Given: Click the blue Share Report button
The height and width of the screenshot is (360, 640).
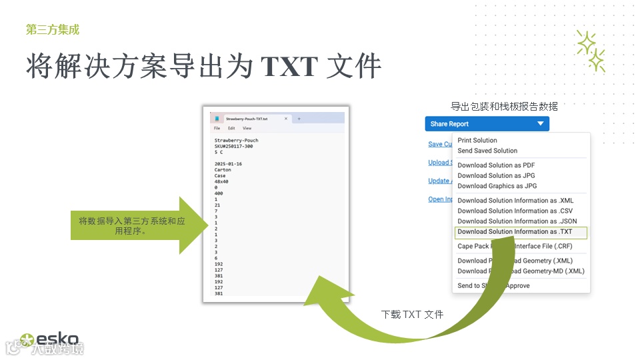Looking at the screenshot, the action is click(x=487, y=124).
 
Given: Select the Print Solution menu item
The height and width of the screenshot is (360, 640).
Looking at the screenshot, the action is click(x=477, y=141).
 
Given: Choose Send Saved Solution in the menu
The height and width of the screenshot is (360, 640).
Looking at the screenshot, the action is click(x=487, y=151).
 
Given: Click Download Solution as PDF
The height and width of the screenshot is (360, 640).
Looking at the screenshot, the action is click(x=496, y=165).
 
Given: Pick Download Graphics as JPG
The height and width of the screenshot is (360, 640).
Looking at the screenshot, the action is click(x=497, y=186).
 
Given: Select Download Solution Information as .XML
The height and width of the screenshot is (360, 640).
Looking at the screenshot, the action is click(x=515, y=201).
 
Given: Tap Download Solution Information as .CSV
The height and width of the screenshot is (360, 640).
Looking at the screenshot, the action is click(x=515, y=211).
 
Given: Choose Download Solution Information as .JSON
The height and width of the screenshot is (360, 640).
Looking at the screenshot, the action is click(x=517, y=221).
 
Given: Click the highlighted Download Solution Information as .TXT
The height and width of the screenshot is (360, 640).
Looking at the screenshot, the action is click(x=515, y=232).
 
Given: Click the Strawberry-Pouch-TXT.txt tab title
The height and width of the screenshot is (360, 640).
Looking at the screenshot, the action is click(x=247, y=119).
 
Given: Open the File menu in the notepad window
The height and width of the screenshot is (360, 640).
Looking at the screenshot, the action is click(x=217, y=128).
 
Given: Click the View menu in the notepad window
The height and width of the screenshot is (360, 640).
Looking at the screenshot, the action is click(x=247, y=128).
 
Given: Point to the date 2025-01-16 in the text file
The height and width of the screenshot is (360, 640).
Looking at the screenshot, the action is click(x=228, y=164).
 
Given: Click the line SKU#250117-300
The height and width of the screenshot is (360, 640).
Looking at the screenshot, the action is click(x=233, y=146).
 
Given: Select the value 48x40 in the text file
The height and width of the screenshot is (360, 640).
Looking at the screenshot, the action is click(x=221, y=181).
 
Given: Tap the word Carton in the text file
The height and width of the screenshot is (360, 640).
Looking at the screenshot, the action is click(x=223, y=170).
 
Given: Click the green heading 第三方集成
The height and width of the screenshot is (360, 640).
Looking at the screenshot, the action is click(x=53, y=29).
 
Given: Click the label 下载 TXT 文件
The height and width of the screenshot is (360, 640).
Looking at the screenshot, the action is click(x=412, y=314).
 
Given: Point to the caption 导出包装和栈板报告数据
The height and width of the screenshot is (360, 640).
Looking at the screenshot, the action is click(x=504, y=106).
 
